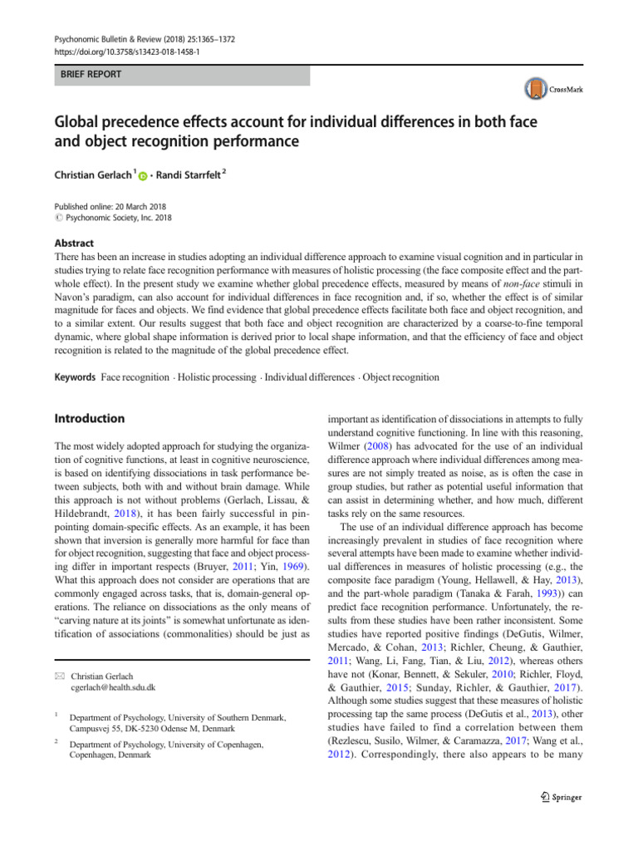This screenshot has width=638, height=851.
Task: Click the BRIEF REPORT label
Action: [87, 75]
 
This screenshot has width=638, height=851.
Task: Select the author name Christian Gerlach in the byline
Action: [92, 175]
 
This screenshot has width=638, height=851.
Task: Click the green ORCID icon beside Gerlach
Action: [142, 176]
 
